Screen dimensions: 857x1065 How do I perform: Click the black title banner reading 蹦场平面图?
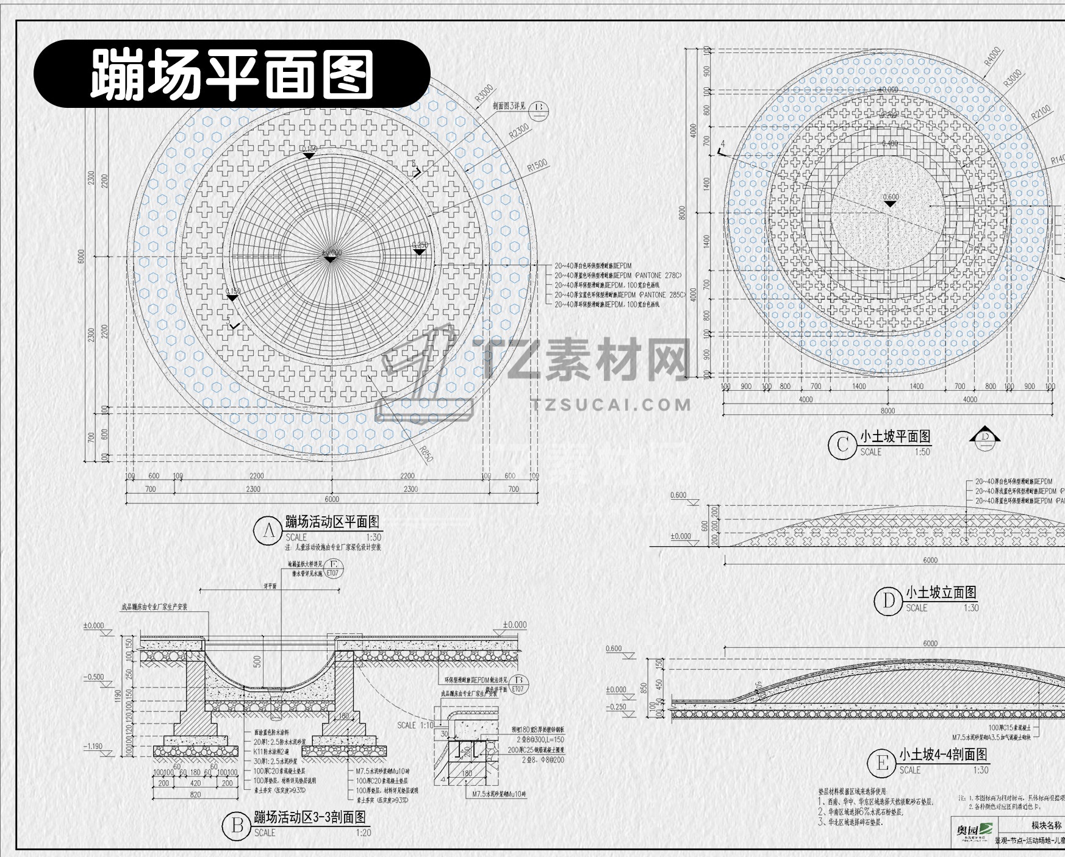coord(232,74)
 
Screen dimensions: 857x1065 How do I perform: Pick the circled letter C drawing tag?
coord(842,444)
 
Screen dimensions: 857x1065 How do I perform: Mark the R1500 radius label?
coord(537,166)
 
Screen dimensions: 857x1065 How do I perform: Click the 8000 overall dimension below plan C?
coord(888,411)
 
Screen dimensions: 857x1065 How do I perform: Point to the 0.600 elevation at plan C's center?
coord(891,197)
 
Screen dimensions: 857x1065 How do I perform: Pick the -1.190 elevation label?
coord(93,746)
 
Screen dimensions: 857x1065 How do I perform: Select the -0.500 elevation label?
coord(93,677)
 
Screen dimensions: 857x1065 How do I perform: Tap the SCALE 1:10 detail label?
coord(415,725)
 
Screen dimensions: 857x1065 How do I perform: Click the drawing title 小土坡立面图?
coord(941,592)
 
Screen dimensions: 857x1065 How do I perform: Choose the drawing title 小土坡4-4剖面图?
coord(942,755)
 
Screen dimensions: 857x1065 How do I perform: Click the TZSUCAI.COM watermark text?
coord(611,405)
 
